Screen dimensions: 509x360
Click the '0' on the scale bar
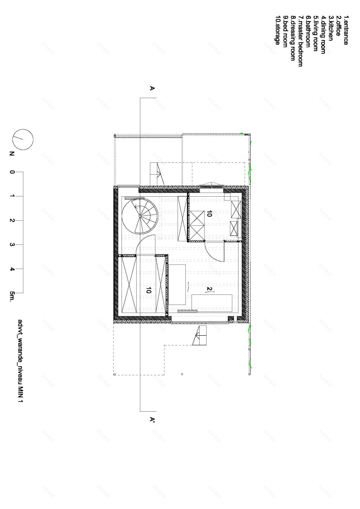[12, 172]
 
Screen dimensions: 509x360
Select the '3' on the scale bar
[12, 245]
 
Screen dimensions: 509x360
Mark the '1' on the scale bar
[12, 196]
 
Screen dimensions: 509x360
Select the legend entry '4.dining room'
[323, 35]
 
